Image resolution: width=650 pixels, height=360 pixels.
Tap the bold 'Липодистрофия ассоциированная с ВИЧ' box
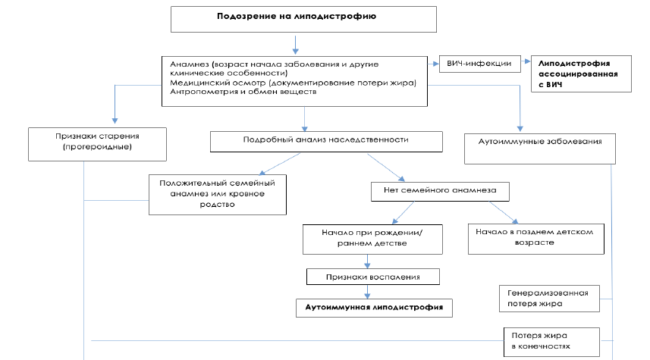[x=580, y=74]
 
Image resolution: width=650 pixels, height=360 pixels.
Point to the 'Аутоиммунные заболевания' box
[x=540, y=142]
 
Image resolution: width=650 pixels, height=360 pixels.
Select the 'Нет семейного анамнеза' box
[x=439, y=191]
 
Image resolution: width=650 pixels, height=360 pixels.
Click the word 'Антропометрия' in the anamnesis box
[x=199, y=92]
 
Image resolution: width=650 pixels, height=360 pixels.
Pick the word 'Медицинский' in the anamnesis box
[x=196, y=82]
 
